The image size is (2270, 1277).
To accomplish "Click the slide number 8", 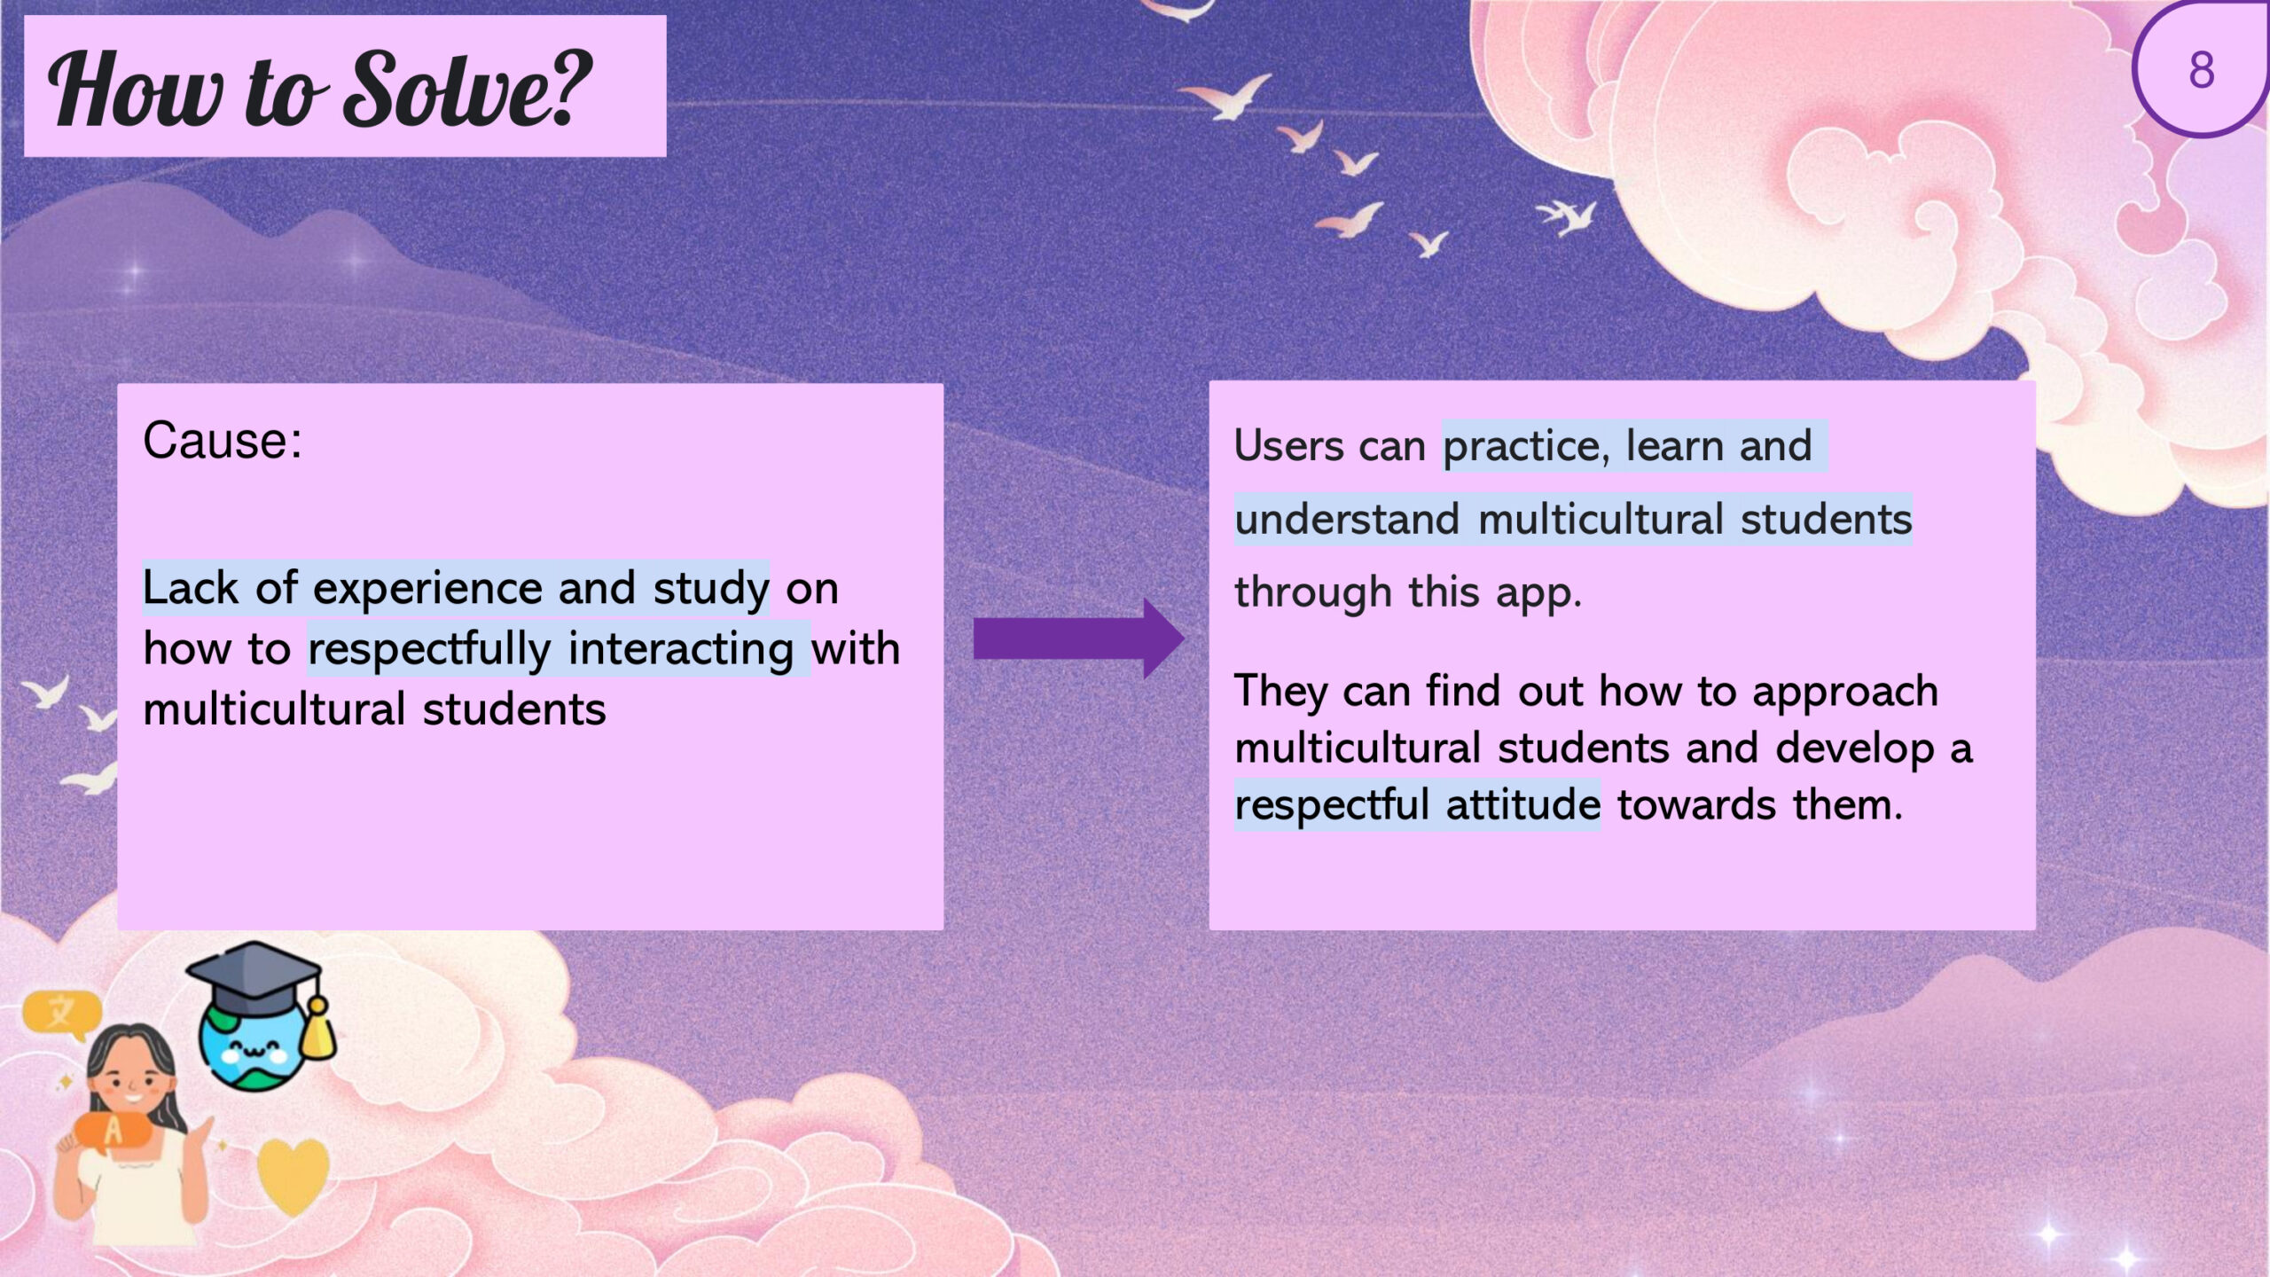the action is pyautogui.click(x=2201, y=70).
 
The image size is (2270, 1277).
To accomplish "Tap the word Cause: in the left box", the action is pyautogui.click(x=223, y=440).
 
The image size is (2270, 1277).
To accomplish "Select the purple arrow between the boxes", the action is pyautogui.click(x=1078, y=638).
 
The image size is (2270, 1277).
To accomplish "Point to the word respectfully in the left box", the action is pyautogui.click(x=429, y=650).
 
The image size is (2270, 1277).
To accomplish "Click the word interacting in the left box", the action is pyautogui.click(x=681, y=650).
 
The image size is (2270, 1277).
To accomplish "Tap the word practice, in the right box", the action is pyautogui.click(x=1526, y=446).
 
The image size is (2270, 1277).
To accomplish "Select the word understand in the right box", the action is pyautogui.click(x=1347, y=520).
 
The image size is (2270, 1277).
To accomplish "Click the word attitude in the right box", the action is pyautogui.click(x=1522, y=805).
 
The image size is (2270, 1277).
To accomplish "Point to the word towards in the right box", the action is pyautogui.click(x=1696, y=805).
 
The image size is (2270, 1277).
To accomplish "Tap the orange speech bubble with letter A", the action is pyautogui.click(x=113, y=1132).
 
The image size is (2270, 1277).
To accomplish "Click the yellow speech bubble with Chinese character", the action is pyautogui.click(x=61, y=1013).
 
